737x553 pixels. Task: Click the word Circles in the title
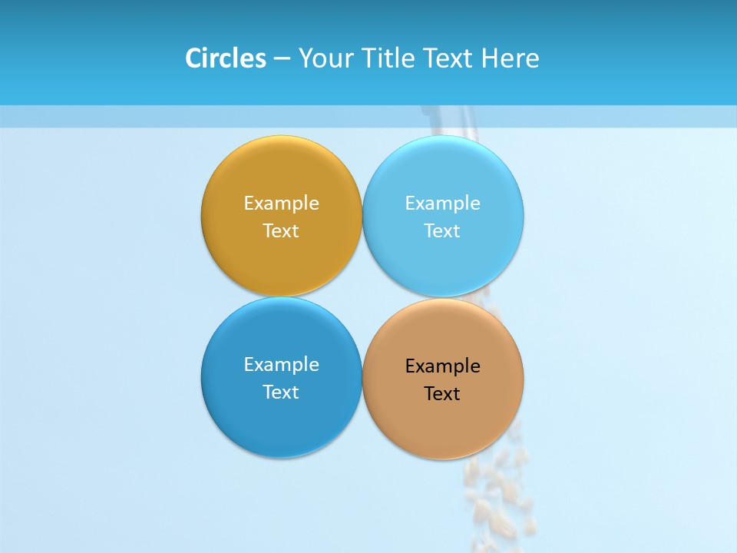[226, 58]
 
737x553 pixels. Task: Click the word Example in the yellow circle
[281, 204]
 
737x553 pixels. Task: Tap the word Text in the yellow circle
[281, 231]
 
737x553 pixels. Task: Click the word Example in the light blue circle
[442, 204]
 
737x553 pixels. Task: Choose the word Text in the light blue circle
[442, 231]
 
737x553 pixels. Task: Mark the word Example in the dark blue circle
[281, 365]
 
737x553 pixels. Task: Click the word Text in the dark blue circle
[281, 392]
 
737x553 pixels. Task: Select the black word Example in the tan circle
[442, 366]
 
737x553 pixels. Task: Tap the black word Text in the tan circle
[442, 394]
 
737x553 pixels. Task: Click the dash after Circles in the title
[282, 59]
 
